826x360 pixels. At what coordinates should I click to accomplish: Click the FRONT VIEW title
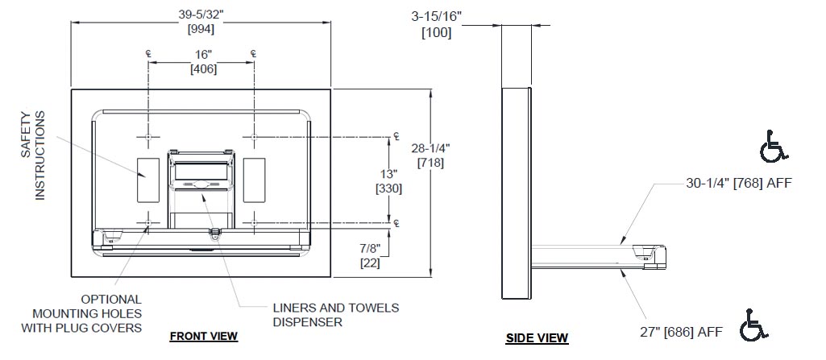[203, 336]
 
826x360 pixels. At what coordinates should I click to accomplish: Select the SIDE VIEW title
[537, 338]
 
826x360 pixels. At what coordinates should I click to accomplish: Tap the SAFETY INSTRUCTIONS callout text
[33, 155]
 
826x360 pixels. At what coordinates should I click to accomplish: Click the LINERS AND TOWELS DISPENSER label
[335, 314]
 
